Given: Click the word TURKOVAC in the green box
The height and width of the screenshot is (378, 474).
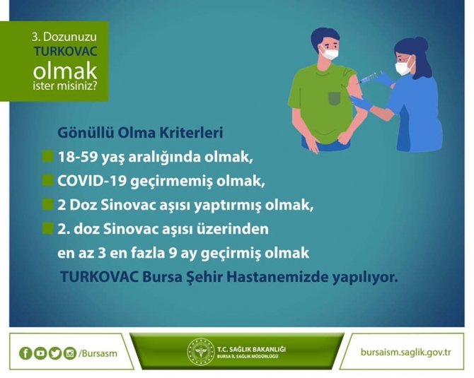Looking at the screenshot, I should click(x=64, y=52).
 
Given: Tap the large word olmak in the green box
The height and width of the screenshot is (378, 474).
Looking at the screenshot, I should click(x=65, y=71).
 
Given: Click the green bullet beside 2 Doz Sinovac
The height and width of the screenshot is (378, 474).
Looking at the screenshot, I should click(x=47, y=205).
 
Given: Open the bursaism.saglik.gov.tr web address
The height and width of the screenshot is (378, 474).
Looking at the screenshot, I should click(x=405, y=353).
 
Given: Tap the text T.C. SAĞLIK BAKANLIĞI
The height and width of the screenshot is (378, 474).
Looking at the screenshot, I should click(x=252, y=348).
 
